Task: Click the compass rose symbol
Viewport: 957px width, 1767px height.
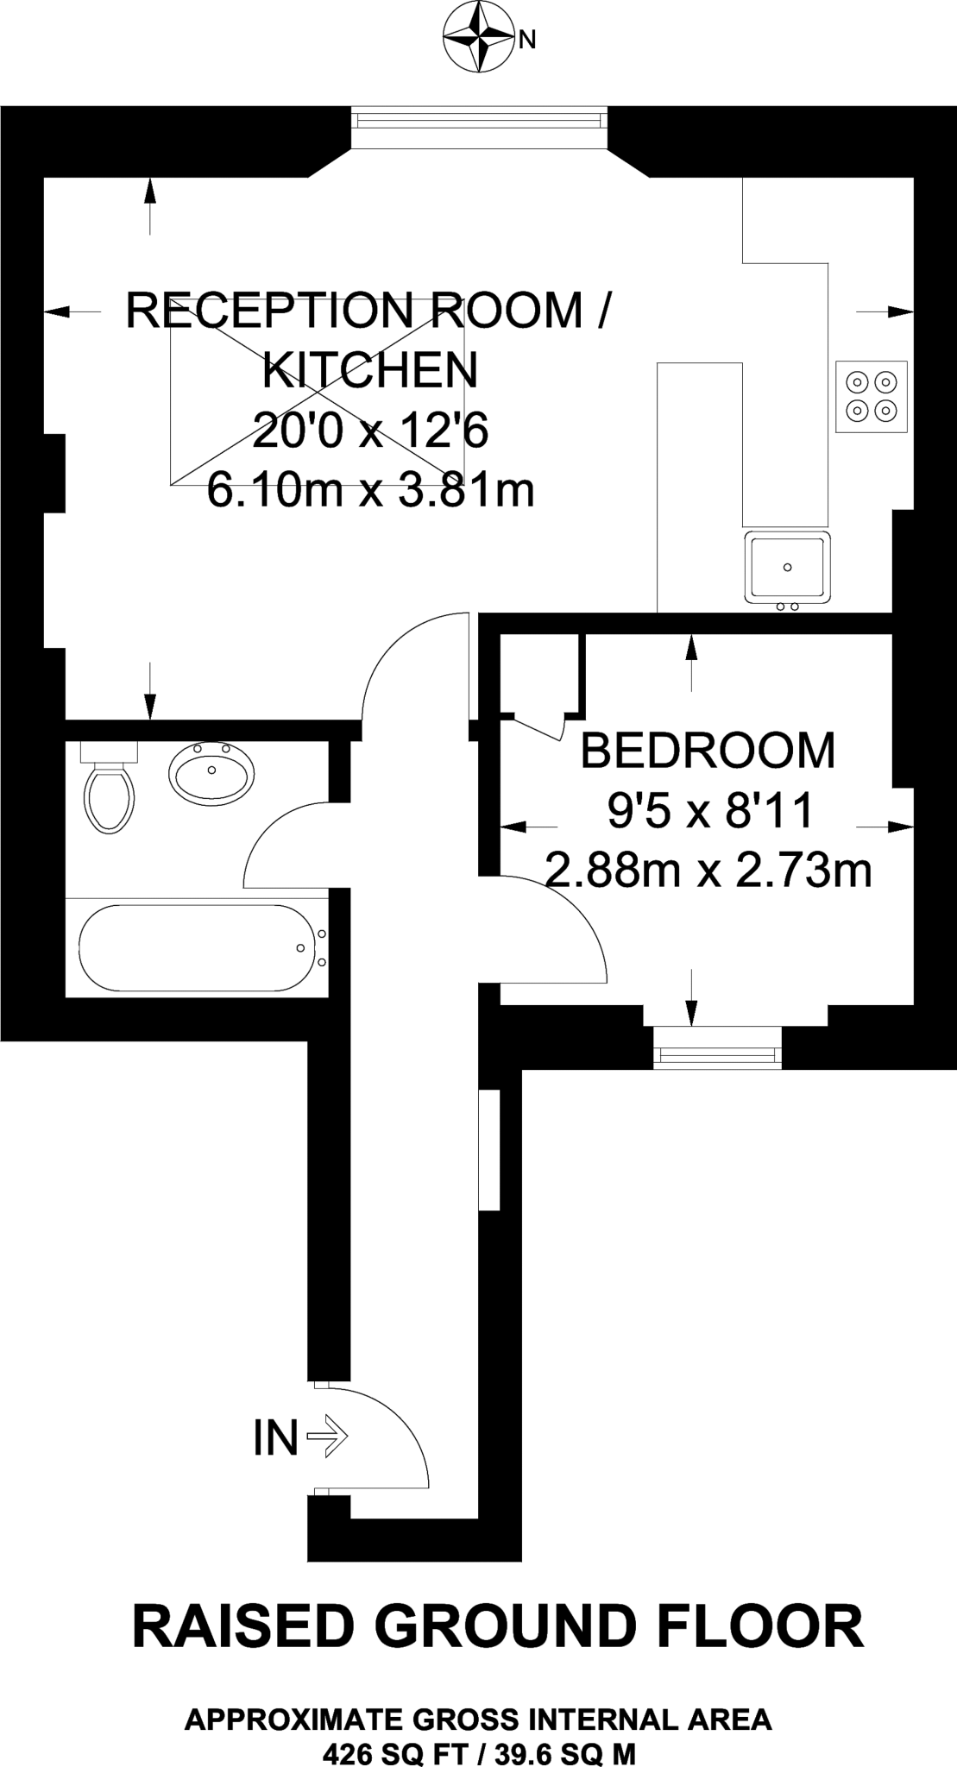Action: [476, 39]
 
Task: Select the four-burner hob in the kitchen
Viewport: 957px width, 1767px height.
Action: [871, 396]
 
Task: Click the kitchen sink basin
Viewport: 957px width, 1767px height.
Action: [787, 567]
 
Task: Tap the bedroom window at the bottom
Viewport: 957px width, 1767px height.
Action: [717, 1047]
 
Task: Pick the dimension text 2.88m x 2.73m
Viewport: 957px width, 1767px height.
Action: [708, 871]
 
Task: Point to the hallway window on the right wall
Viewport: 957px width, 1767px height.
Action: [489, 1150]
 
